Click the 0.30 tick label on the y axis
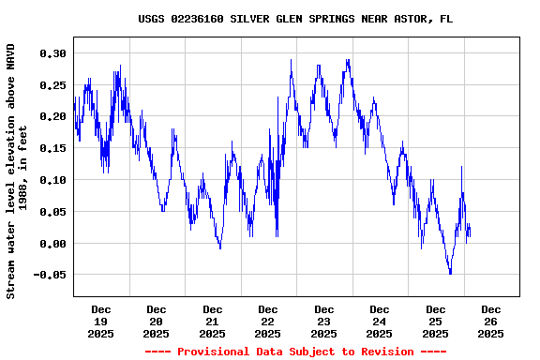pyautogui.click(x=52, y=53)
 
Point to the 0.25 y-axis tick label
pyautogui.click(x=52, y=85)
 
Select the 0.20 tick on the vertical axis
pyautogui.click(x=52, y=116)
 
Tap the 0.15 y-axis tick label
pyautogui.click(x=52, y=148)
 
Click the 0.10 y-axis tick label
pyautogui.click(x=52, y=180)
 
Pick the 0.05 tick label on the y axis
pyautogui.click(x=52, y=212)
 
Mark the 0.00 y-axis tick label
pyautogui.click(x=52, y=244)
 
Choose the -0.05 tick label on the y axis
pyautogui.click(x=49, y=275)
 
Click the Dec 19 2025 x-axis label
pyautogui.click(x=100, y=321)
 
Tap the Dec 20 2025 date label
pyautogui.click(x=157, y=321)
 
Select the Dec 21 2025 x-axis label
pyautogui.click(x=212, y=321)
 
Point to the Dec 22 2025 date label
pyautogui.click(x=268, y=321)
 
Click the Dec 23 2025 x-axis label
pyautogui.click(x=323, y=321)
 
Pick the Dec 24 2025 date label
pyautogui.click(x=380, y=321)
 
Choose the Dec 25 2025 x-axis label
pyautogui.click(x=435, y=321)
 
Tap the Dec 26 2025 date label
pyautogui.click(x=491, y=321)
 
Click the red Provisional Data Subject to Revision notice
pyautogui.click(x=295, y=352)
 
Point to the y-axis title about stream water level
pyautogui.click(x=17, y=171)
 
